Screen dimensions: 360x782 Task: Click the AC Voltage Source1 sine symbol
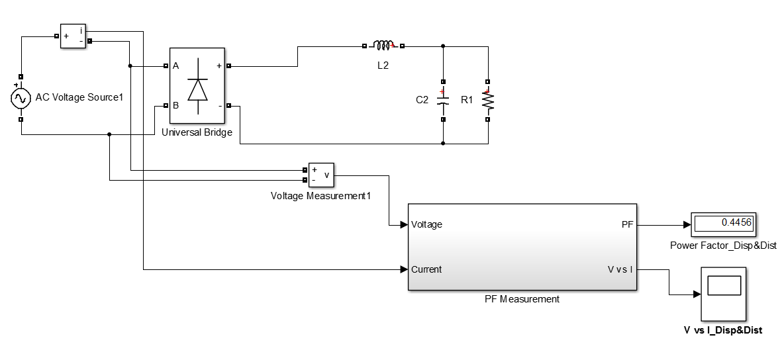point(21,99)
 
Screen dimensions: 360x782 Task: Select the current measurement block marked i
point(73,36)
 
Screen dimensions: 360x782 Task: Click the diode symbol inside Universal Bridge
point(197,89)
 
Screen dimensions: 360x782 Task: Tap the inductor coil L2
point(383,46)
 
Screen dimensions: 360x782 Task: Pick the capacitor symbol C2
point(443,100)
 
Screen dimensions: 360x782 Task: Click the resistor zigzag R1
point(487,100)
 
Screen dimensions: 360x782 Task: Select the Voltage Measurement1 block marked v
point(320,175)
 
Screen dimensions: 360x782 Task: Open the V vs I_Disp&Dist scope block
point(722,294)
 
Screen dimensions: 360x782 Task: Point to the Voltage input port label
point(426,224)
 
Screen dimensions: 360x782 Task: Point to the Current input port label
point(426,269)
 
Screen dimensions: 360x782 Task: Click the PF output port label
point(626,224)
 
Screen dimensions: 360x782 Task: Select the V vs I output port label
point(620,269)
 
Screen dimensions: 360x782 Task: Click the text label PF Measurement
point(522,299)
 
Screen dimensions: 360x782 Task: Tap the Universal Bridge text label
point(197,132)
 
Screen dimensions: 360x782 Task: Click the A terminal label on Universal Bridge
point(175,66)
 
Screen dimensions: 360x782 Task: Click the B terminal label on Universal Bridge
point(175,105)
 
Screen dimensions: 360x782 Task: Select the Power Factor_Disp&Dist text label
point(723,246)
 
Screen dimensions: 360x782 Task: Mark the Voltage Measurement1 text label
point(320,196)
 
